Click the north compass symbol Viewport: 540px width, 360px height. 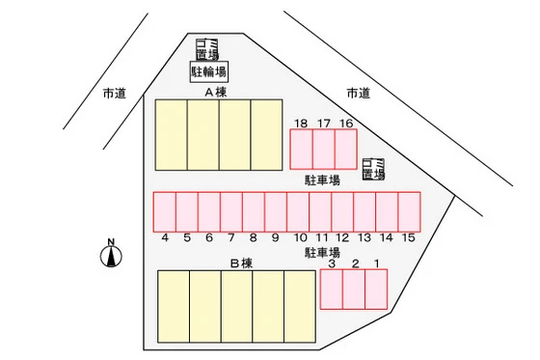[x=112, y=254]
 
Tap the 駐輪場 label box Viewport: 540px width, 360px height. [x=208, y=71]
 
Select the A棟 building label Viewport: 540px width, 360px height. [x=214, y=93]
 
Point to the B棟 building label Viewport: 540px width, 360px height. [x=240, y=263]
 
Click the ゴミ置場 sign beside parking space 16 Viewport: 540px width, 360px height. [x=373, y=169]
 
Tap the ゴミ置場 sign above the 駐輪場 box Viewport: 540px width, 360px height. [x=207, y=48]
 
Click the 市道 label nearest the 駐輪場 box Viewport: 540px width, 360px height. [x=115, y=94]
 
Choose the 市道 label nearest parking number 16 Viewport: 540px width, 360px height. [x=358, y=93]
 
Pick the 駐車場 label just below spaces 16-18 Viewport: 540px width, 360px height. [x=322, y=180]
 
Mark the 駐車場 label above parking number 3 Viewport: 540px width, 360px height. [x=322, y=253]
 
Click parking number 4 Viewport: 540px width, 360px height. [x=166, y=237]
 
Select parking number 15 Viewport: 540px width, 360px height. [x=409, y=237]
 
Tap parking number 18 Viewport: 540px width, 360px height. [x=301, y=123]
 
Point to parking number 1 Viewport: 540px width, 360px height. [x=376, y=263]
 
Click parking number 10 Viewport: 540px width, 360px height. [x=300, y=237]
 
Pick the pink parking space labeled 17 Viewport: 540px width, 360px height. [x=324, y=149]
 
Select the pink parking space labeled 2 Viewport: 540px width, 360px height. [x=354, y=290]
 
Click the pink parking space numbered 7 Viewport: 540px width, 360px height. [x=231, y=211]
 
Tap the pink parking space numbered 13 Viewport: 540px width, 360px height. [x=364, y=211]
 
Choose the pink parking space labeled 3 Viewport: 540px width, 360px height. [x=331, y=290]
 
